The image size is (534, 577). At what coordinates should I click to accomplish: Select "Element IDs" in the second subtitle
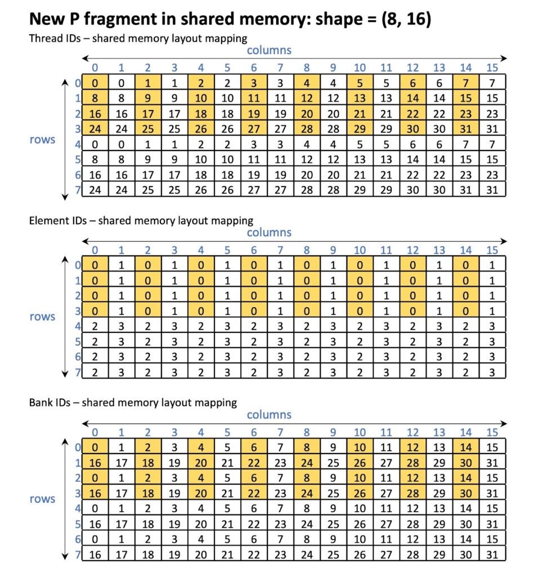tap(57, 220)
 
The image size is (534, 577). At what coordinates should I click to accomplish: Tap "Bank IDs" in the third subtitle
tap(52, 402)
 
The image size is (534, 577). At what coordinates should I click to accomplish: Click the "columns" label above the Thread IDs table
tap(269, 50)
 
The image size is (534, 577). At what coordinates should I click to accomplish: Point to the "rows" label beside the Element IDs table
tap(42, 317)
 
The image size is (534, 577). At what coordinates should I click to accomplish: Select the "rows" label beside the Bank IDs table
tap(42, 499)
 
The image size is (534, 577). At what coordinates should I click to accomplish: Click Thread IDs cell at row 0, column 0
tap(95, 82)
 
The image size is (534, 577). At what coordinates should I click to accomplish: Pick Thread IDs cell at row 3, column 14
tap(466, 128)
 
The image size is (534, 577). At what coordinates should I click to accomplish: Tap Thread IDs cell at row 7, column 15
tap(492, 190)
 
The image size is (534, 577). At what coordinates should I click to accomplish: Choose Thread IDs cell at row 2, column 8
tap(307, 113)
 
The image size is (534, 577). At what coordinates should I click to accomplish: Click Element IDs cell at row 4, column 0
tap(95, 326)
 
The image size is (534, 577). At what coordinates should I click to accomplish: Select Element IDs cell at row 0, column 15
tap(492, 264)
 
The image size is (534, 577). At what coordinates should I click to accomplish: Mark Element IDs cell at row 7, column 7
tap(281, 372)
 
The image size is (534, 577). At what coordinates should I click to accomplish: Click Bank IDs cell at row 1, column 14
tap(466, 462)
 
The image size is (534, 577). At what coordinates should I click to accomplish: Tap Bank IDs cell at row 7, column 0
tap(95, 554)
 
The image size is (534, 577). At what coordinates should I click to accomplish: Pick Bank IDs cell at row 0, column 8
tap(307, 447)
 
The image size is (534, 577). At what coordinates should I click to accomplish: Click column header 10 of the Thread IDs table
tap(360, 68)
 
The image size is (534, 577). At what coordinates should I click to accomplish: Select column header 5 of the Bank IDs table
tap(228, 433)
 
